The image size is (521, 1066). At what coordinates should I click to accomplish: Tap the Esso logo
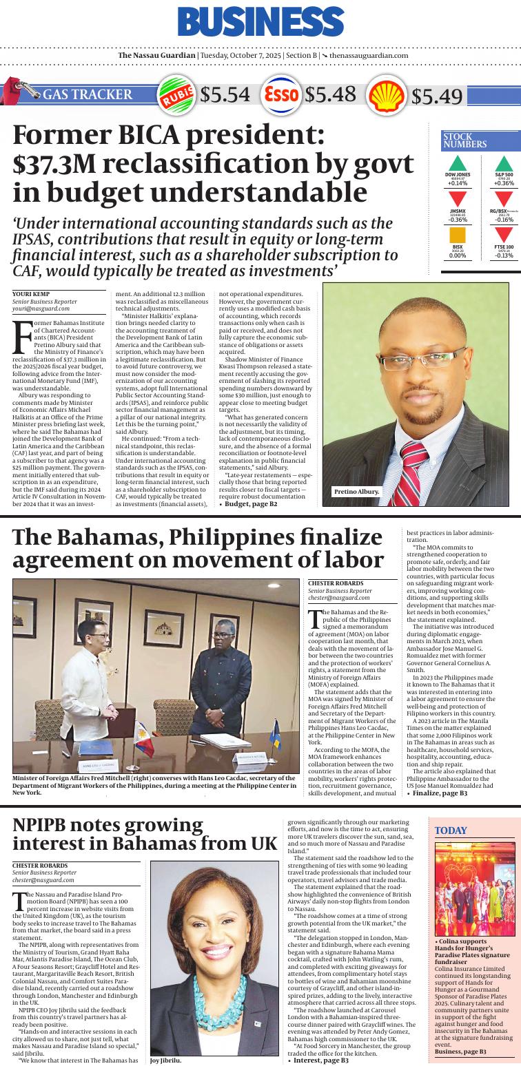(281, 94)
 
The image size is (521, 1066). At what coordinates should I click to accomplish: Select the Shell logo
(387, 95)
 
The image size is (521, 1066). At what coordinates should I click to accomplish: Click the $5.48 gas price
(330, 94)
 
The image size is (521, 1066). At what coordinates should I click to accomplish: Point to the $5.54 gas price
(225, 95)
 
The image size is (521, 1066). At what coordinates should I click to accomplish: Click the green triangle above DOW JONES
(457, 164)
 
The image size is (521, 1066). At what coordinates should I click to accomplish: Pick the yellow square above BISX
(457, 235)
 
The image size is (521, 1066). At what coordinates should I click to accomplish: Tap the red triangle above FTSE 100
(504, 235)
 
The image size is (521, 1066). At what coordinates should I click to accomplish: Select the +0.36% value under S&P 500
(504, 183)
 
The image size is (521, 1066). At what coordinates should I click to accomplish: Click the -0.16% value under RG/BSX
(504, 219)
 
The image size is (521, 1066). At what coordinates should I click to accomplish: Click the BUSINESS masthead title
(260, 22)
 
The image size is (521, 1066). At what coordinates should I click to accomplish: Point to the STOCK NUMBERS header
(465, 140)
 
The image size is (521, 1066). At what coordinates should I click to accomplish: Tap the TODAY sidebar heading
(451, 830)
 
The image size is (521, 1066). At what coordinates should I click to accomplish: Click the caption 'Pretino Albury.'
(356, 510)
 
